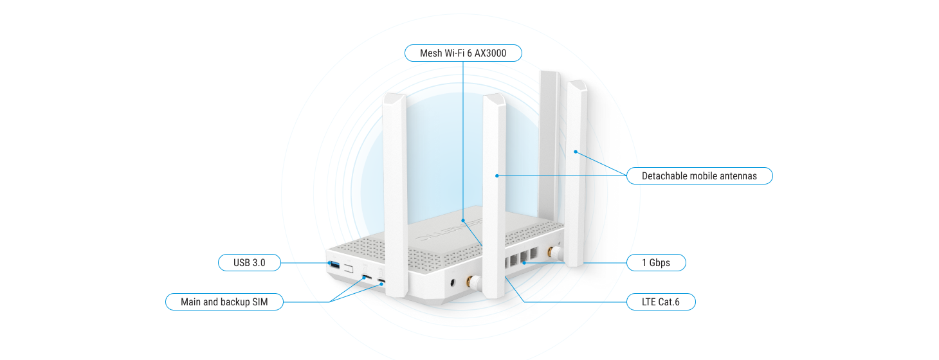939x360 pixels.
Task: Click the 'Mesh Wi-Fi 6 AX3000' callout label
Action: pos(463,53)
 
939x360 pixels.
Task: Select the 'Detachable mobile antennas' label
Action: pos(699,175)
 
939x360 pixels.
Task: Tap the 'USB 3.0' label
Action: pos(250,262)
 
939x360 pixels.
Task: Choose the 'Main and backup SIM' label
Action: pos(224,301)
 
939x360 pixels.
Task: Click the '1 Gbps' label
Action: pos(656,262)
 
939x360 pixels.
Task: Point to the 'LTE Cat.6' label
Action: pos(661,301)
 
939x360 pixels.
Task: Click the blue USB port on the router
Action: pos(334,264)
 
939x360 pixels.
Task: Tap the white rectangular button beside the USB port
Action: pos(349,267)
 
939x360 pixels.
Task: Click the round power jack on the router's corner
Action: pos(455,282)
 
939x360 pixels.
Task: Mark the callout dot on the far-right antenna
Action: pos(576,152)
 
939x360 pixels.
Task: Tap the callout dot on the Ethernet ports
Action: pos(525,262)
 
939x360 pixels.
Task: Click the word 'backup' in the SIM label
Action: pos(235,301)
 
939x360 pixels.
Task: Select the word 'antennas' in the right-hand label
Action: pos(738,175)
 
